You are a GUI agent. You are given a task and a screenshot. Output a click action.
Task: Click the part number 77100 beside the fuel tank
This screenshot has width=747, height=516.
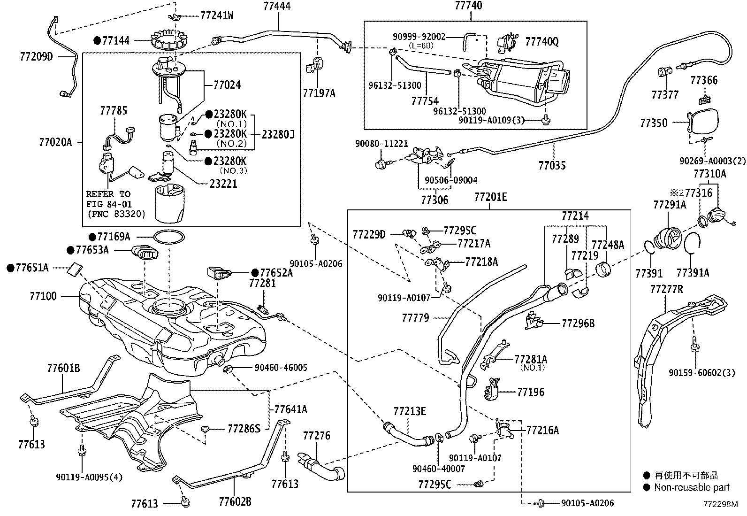click(x=43, y=296)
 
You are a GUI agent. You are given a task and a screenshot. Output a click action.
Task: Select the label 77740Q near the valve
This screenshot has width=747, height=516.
click(x=542, y=42)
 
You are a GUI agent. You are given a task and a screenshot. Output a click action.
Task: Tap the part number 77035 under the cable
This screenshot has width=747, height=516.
click(x=552, y=165)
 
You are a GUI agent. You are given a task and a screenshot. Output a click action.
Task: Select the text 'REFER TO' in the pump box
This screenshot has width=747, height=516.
click(x=108, y=194)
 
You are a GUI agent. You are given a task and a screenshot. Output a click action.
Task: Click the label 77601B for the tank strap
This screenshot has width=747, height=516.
click(x=63, y=368)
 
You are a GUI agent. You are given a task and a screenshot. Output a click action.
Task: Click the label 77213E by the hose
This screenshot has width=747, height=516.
click(x=410, y=412)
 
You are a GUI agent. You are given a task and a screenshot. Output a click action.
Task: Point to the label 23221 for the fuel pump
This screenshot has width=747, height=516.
click(x=223, y=184)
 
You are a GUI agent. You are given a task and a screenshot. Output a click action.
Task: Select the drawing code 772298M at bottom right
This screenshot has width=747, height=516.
click(x=720, y=505)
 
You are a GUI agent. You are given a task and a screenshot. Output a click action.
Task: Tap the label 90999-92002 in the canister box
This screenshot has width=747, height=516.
click(x=419, y=36)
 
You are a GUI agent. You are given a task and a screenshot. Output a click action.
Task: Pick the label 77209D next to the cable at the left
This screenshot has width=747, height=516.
click(x=37, y=57)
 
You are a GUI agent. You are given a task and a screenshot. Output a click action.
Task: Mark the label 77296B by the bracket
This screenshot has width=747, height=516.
click(x=578, y=323)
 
